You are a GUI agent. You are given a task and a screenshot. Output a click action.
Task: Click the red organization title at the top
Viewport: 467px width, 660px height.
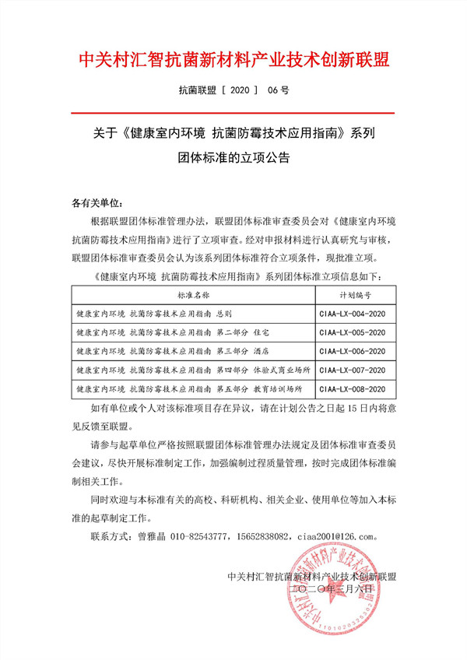pos(233,59)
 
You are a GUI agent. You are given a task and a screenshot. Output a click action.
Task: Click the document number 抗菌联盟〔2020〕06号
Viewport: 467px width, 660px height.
pos(233,91)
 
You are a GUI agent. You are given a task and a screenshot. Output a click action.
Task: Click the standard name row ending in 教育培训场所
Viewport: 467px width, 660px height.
pos(188,388)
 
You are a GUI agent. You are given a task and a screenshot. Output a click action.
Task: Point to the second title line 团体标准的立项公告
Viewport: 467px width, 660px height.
pos(233,158)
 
